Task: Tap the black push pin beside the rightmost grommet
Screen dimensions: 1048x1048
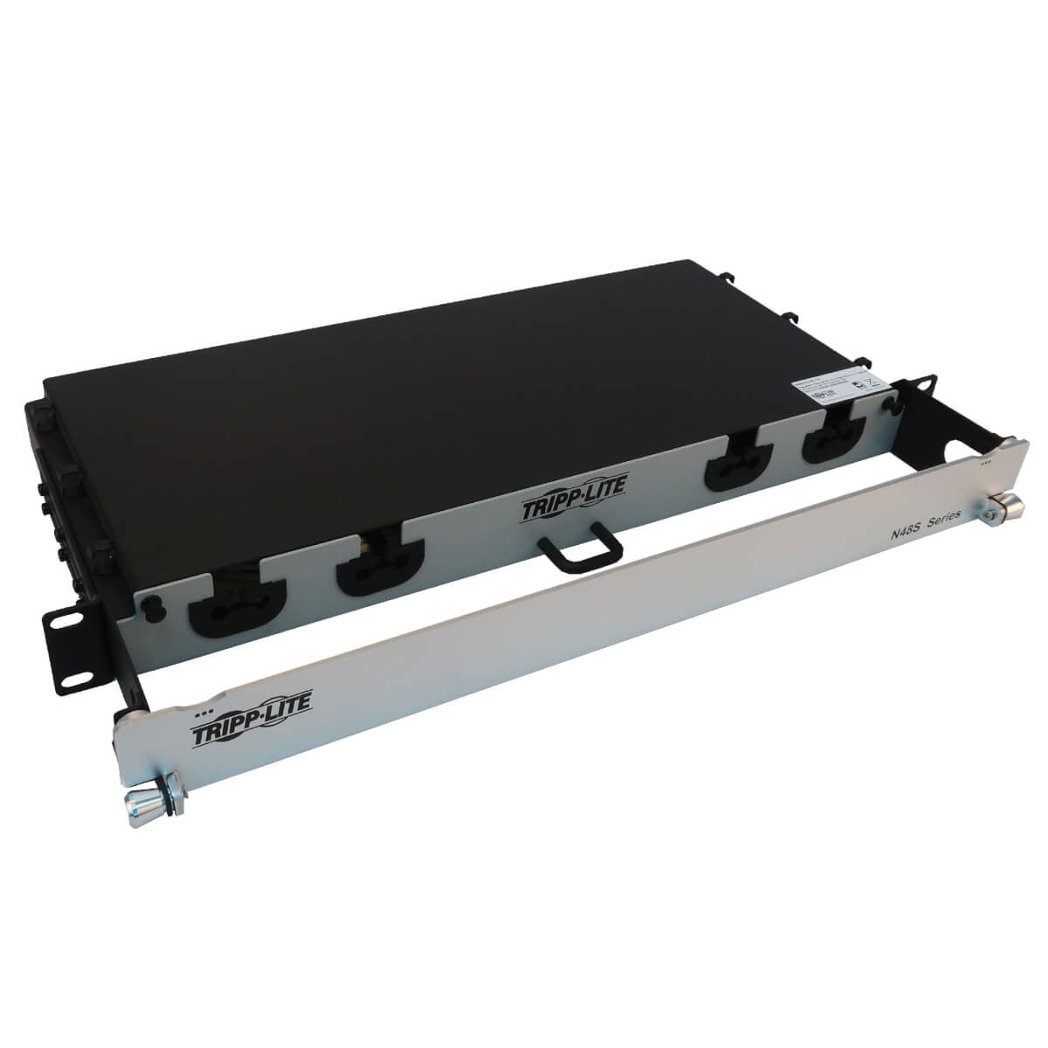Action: tap(890, 406)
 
